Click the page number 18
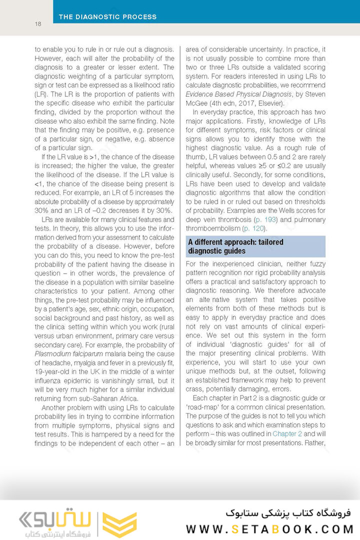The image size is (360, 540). pos(38,24)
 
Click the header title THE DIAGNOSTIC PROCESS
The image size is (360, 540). pos(107,17)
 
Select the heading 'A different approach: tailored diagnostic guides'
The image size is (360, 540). pos(235,246)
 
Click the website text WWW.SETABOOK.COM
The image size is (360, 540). pos(269,528)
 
